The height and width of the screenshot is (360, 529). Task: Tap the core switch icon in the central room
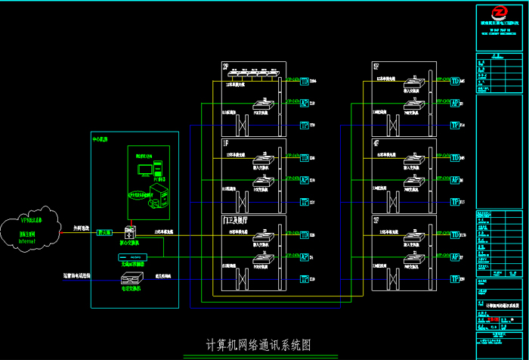pyautogui.click(x=129, y=232)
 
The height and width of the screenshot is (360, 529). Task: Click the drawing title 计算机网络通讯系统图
pyautogui.click(x=258, y=345)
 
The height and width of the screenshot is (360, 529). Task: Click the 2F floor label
pyautogui.click(x=226, y=66)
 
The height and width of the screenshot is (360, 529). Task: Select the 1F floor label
pyautogui.click(x=226, y=142)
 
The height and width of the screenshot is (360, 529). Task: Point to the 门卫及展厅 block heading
pyautogui.click(x=235, y=219)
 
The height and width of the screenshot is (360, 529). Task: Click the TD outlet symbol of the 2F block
pyautogui.click(x=305, y=79)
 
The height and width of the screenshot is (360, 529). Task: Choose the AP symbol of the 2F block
pyautogui.click(x=305, y=103)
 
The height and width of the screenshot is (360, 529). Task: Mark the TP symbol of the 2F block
pyautogui.click(x=305, y=125)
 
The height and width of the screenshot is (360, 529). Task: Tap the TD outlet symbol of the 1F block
pyautogui.click(x=305, y=157)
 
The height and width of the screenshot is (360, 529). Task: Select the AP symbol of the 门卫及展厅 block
pyautogui.click(x=305, y=256)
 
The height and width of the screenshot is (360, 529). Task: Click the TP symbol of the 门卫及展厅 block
pyautogui.click(x=305, y=278)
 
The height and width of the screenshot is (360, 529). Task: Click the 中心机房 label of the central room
pyautogui.click(x=100, y=139)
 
